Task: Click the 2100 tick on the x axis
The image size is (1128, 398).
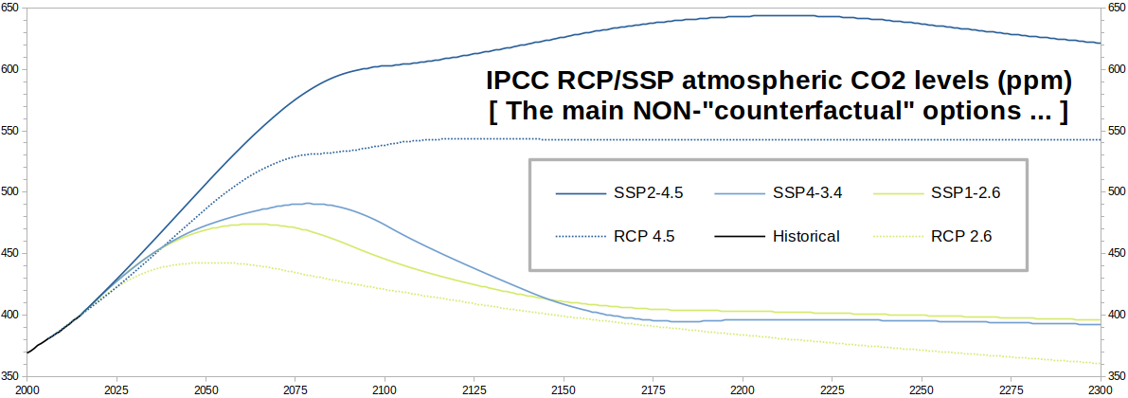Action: pyautogui.click(x=385, y=389)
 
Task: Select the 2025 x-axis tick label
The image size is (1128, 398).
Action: pyautogui.click(x=116, y=389)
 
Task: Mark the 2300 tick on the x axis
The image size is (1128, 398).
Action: pyautogui.click(x=1101, y=389)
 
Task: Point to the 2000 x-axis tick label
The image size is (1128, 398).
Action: pyautogui.click(x=27, y=389)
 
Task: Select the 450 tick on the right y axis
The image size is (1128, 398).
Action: pyautogui.click(x=1115, y=253)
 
